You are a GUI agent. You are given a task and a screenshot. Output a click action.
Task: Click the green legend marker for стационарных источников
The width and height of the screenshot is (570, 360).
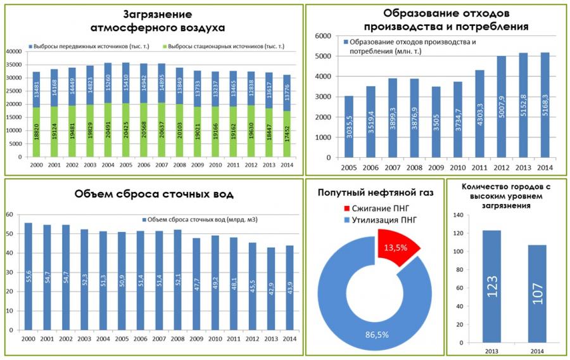pyautogui.click(x=165, y=47)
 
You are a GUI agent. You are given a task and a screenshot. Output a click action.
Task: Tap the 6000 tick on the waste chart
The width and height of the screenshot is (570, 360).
pyautogui.click(x=323, y=36)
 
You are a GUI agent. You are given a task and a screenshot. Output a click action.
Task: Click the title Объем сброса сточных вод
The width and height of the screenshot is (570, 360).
pyautogui.click(x=154, y=193)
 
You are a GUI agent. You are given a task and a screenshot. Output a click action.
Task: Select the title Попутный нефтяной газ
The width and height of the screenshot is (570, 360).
pyautogui.click(x=376, y=193)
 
